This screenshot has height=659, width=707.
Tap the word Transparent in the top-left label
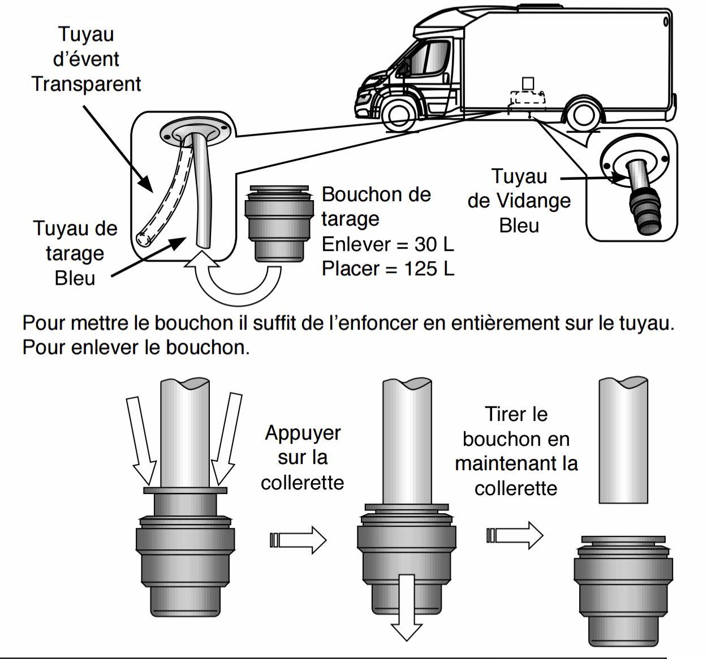pos(86,84)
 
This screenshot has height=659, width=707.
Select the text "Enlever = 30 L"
pos(387,244)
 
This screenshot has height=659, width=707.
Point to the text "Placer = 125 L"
pos(387,268)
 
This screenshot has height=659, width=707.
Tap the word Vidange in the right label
pos(534,201)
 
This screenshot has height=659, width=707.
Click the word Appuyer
pos(303,433)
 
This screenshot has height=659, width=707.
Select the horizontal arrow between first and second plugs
pos(298,540)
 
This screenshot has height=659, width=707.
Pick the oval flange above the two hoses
pos(195,131)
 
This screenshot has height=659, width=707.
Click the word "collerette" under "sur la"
pos(303,482)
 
